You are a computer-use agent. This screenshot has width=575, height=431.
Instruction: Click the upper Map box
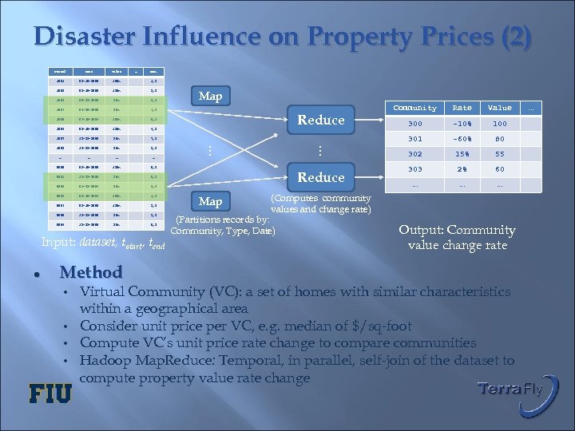tap(210, 97)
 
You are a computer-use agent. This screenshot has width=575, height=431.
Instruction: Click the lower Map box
tap(210, 201)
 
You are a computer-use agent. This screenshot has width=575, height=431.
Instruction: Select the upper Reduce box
tap(320, 120)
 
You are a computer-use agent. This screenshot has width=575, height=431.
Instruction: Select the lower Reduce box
tap(320, 177)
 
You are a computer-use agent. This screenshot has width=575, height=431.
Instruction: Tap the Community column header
tap(415, 108)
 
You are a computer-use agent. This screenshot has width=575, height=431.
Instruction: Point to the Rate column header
tap(462, 108)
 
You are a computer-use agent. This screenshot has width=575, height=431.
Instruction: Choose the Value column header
tap(500, 108)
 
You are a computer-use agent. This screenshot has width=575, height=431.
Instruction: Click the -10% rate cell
tap(462, 124)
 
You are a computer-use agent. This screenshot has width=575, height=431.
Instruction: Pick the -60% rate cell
tap(462, 139)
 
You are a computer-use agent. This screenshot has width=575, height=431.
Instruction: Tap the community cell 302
tap(415, 154)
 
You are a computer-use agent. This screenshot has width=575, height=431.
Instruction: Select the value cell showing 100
tap(500, 124)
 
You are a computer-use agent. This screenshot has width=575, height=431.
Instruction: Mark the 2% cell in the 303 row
tap(462, 169)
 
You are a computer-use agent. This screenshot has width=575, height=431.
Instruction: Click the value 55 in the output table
tap(500, 154)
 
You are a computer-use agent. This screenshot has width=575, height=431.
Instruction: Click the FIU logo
tap(50, 393)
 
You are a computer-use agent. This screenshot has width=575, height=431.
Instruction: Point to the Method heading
tap(91, 272)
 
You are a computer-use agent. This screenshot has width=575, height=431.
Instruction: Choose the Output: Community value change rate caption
tap(457, 237)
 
